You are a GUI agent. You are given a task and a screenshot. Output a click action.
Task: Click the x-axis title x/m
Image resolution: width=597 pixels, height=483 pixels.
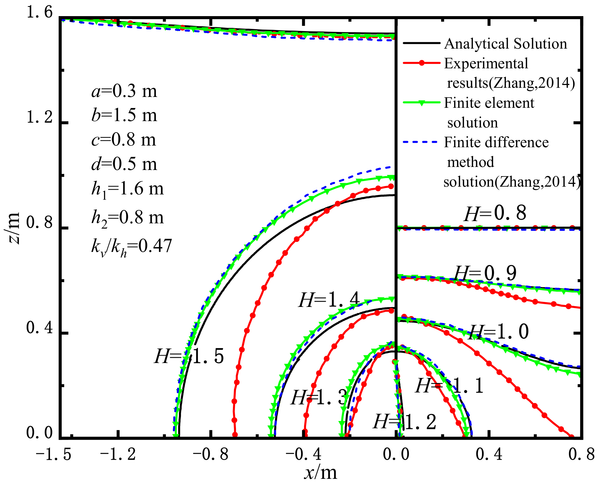pos(320,473)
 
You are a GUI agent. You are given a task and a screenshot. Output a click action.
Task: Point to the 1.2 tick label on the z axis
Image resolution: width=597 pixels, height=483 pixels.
pos(39,117)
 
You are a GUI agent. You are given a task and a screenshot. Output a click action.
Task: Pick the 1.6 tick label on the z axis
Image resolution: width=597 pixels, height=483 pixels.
pos(39,13)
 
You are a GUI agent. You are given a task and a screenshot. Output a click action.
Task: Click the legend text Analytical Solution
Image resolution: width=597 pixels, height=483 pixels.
pos(505,44)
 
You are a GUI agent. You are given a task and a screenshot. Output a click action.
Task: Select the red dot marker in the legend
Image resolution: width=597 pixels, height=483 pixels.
pos(422,63)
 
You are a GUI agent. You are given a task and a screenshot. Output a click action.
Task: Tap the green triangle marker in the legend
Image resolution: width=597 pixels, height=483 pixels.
pos(422,103)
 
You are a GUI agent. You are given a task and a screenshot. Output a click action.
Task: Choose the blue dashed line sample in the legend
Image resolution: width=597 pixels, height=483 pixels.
pos(421,142)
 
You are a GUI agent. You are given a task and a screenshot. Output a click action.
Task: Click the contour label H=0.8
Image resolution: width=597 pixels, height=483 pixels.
pos(495,213)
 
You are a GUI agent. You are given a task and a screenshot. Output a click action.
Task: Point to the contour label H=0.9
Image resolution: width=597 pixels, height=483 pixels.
pos(485,273)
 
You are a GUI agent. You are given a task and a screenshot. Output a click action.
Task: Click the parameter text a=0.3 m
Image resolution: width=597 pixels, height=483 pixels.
pos(124,91)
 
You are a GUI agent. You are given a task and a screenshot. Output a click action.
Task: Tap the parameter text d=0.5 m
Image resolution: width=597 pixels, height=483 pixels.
pos(124,164)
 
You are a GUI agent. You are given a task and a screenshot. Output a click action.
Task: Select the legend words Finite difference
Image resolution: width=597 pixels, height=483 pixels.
pos(496,142)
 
